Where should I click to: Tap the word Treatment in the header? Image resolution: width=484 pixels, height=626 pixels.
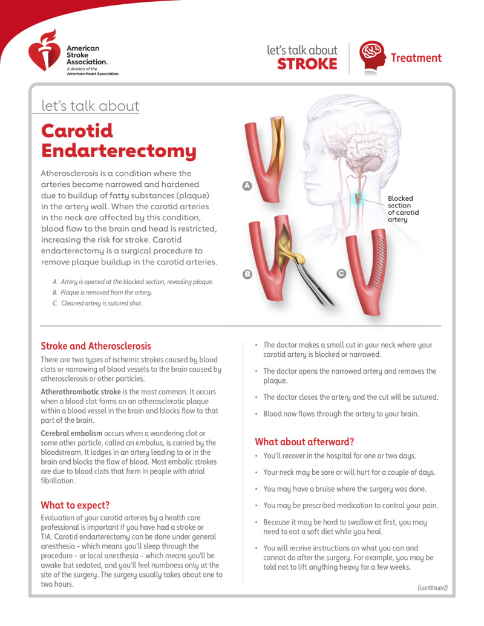tap(416, 58)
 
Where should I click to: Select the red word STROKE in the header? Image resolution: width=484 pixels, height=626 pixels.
tap(307, 64)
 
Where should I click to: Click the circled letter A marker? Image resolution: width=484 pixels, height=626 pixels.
tap(247, 186)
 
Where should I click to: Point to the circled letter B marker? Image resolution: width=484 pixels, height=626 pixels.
tap(247, 274)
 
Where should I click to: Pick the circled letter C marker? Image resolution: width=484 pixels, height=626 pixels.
tap(341, 274)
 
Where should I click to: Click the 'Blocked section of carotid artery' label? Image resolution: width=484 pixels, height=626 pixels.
tap(404, 209)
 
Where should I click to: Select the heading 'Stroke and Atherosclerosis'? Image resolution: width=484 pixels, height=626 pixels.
tap(96, 347)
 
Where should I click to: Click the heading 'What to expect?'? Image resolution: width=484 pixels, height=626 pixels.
tap(75, 505)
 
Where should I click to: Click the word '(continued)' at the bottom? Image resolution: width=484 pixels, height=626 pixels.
tap(433, 587)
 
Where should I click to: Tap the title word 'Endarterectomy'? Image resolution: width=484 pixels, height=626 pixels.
tap(119, 151)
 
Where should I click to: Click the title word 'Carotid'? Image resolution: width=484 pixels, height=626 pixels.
tap(77, 130)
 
